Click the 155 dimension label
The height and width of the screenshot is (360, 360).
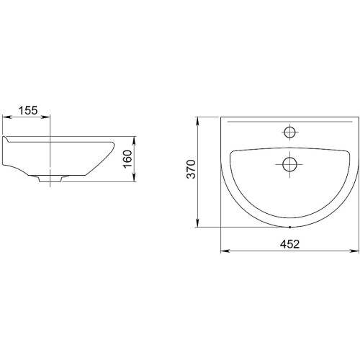click(x=28, y=110)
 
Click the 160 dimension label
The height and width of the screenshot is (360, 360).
click(x=127, y=159)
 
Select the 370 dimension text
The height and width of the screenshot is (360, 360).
click(x=192, y=169)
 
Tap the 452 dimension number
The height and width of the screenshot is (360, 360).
click(x=290, y=244)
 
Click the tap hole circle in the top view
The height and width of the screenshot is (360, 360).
click(x=289, y=132)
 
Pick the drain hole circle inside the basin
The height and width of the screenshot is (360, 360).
click(x=289, y=164)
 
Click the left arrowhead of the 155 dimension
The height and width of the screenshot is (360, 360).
click(x=6, y=117)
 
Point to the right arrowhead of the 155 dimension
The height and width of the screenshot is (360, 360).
click(x=47, y=117)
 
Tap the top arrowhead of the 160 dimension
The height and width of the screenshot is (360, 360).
click(x=135, y=140)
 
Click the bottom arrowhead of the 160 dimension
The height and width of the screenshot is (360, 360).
click(x=135, y=178)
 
